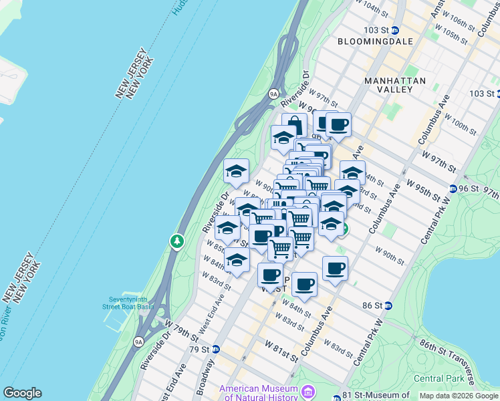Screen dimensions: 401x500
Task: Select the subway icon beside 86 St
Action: tap(387, 305)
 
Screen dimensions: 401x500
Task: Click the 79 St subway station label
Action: tap(200, 350)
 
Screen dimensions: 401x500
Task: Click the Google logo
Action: tap(22, 393)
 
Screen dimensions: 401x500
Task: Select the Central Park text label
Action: tap(438, 378)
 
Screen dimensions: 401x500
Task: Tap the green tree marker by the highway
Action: tap(176, 241)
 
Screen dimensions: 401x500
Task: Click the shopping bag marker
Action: tap(294, 125)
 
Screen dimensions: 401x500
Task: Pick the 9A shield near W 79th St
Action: tap(139, 342)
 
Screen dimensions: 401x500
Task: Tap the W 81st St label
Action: tap(281, 352)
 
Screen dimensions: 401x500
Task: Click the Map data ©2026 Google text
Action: tap(458, 396)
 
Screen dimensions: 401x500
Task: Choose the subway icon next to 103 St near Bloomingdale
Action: tap(394, 30)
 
